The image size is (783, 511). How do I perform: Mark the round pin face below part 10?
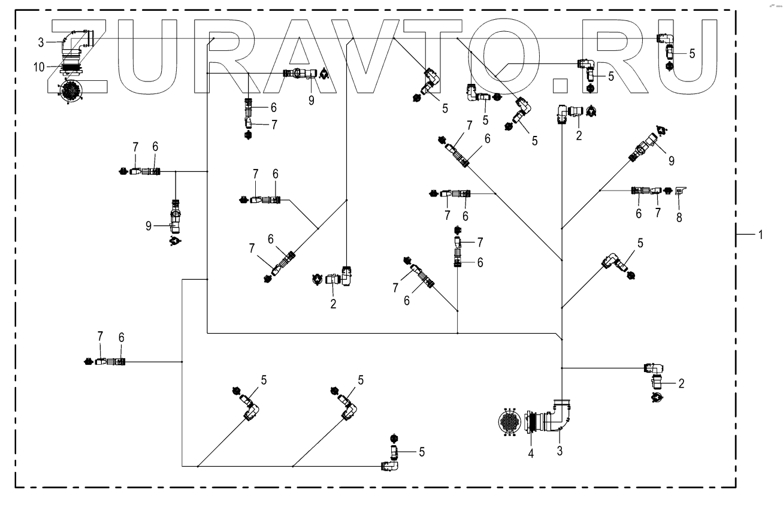pyautogui.click(x=69, y=90)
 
